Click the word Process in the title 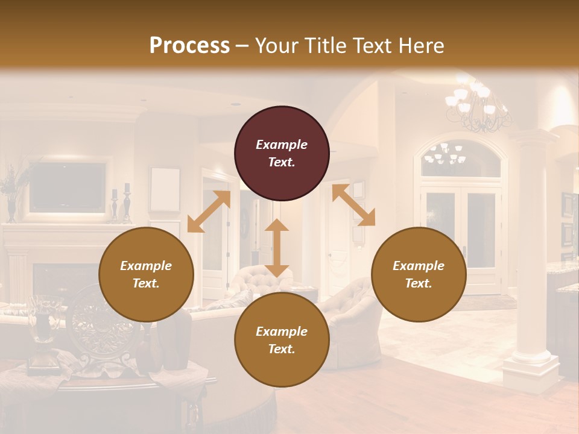click(189, 46)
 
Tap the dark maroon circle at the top click(282, 153)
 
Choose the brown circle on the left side click(146, 274)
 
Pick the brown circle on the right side click(419, 274)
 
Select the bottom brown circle click(282, 339)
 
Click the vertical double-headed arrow click(277, 248)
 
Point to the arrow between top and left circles click(209, 212)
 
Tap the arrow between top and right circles click(353, 206)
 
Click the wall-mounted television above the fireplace click(68, 187)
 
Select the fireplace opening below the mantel click(54, 281)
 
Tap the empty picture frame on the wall click(165, 189)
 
